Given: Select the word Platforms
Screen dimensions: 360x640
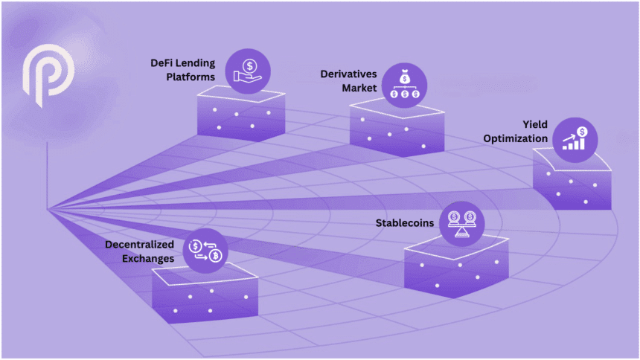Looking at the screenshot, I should [x=190, y=77].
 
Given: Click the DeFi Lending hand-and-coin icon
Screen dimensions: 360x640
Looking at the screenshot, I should [x=249, y=70].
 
